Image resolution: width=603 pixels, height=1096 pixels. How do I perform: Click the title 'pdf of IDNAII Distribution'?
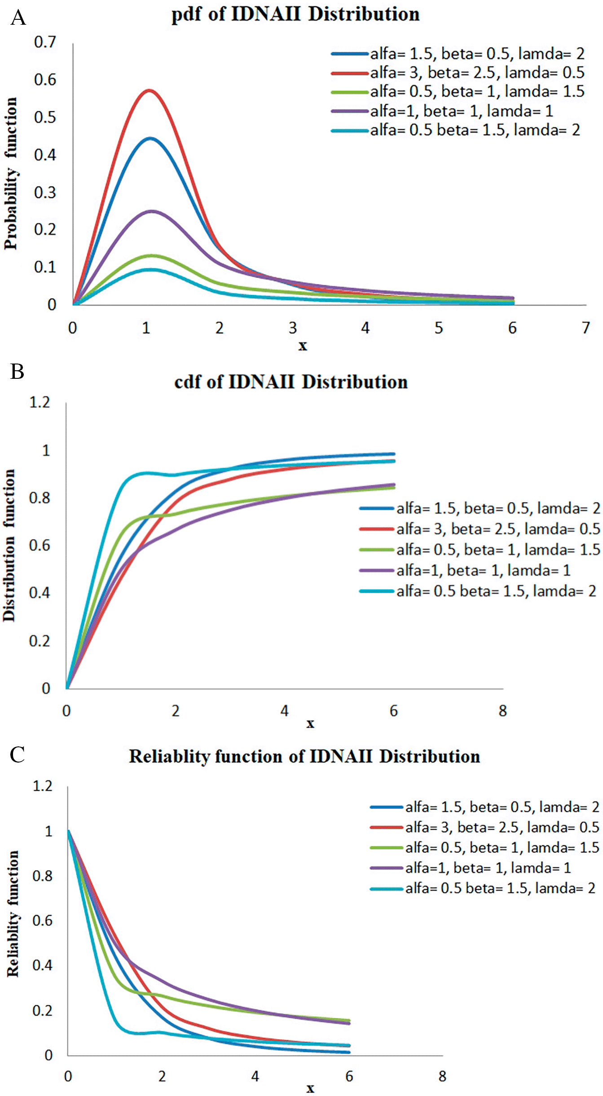coord(295,14)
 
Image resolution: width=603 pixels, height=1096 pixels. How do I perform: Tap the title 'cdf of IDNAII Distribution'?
coord(291,382)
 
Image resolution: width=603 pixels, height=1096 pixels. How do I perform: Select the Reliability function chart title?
coord(304,757)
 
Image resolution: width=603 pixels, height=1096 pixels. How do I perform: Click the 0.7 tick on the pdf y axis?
coord(45,43)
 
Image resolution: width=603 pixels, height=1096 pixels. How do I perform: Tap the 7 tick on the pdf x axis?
coord(585,328)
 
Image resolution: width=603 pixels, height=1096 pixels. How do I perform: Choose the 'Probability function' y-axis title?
coord(11,173)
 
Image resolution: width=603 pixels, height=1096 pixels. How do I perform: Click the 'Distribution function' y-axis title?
coord(9,545)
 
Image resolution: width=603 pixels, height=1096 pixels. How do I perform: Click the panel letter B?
coord(17,372)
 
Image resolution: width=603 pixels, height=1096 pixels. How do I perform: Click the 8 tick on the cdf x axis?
coord(502,711)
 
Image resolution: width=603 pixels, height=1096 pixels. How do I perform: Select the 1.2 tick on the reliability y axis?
coord(43,786)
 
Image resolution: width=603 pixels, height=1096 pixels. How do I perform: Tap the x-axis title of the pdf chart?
coord(303,346)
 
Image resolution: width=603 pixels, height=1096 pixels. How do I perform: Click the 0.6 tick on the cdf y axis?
coord(39,546)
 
